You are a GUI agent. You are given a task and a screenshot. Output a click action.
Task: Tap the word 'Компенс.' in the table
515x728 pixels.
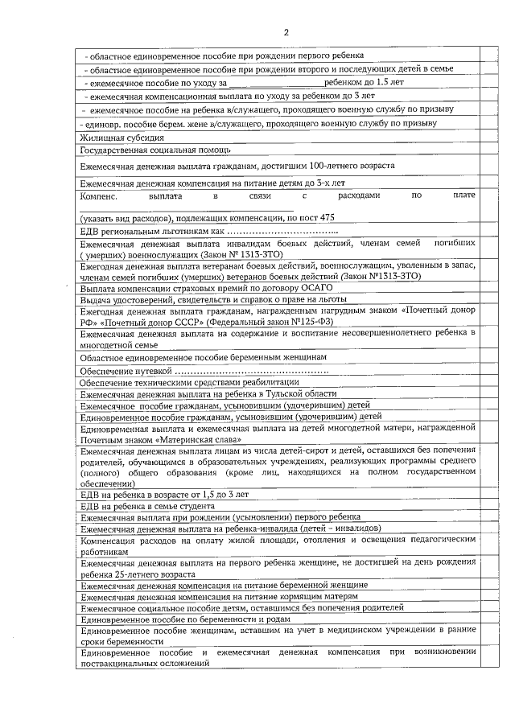[x=99, y=195]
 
